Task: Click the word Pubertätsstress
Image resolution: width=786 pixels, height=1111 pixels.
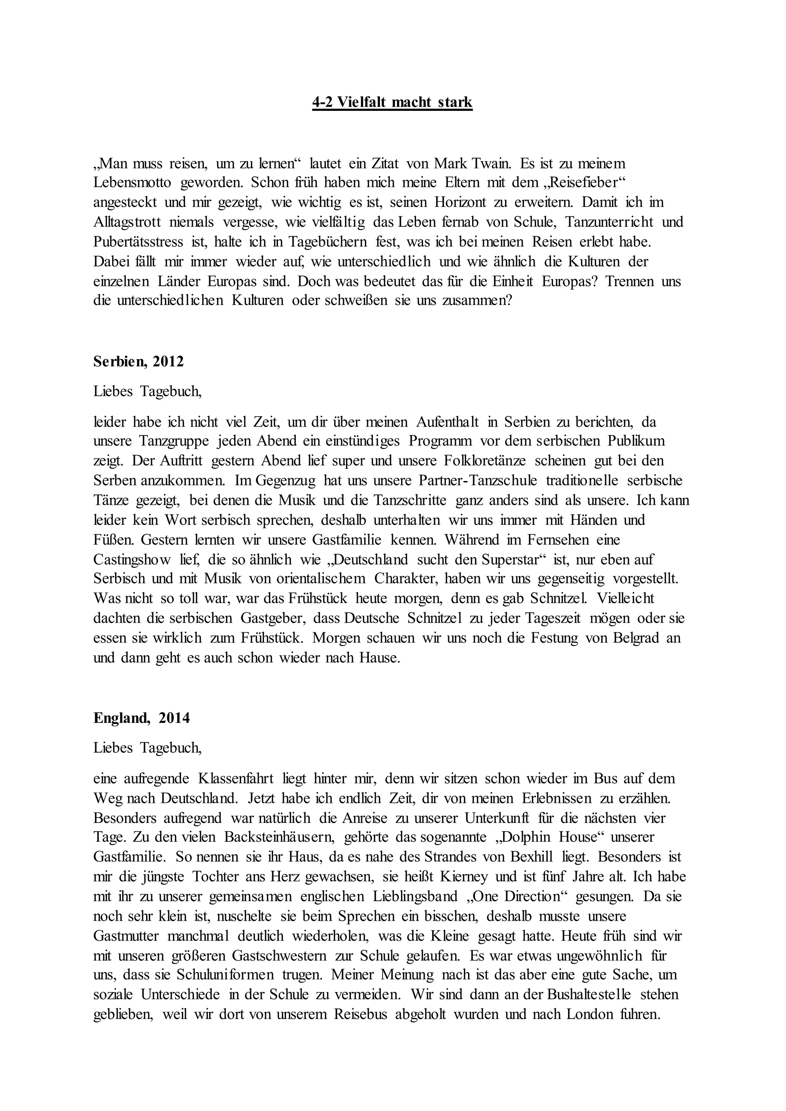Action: point(139,242)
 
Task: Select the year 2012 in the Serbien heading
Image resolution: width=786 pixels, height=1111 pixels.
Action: point(168,361)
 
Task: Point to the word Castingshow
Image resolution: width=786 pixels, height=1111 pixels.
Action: point(132,559)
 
